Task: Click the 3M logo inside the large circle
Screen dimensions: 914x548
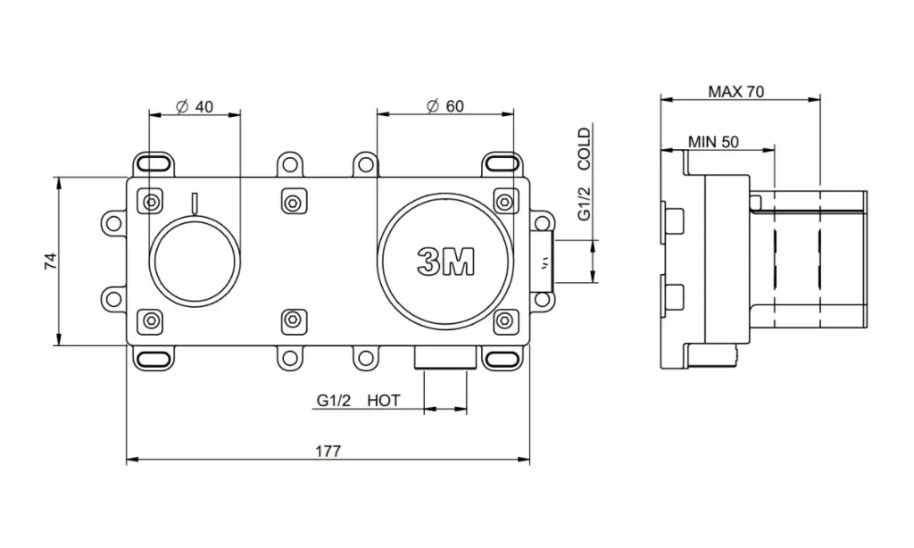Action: click(x=446, y=261)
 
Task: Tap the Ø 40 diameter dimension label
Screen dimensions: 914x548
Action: click(x=195, y=107)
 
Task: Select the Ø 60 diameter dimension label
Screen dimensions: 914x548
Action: click(x=445, y=106)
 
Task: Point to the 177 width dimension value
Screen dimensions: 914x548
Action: click(x=328, y=451)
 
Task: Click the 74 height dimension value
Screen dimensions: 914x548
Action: click(x=51, y=261)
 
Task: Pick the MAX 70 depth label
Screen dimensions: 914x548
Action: click(x=735, y=92)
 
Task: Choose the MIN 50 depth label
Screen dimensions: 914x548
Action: click(x=713, y=142)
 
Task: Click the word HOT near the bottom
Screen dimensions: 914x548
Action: click(x=384, y=401)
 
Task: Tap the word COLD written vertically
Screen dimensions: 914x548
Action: click(x=584, y=149)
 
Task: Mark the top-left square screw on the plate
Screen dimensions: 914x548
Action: click(x=150, y=203)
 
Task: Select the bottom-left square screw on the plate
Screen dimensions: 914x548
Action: click(x=150, y=320)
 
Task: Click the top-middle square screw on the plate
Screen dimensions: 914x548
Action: click(x=293, y=203)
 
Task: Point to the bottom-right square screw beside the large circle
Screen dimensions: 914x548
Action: click(x=505, y=320)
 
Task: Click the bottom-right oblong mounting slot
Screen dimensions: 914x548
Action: click(x=503, y=358)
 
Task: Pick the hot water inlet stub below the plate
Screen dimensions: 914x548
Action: click(x=445, y=357)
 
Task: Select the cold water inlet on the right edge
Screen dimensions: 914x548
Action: click(x=542, y=262)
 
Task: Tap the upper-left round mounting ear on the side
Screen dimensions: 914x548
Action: click(x=114, y=223)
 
